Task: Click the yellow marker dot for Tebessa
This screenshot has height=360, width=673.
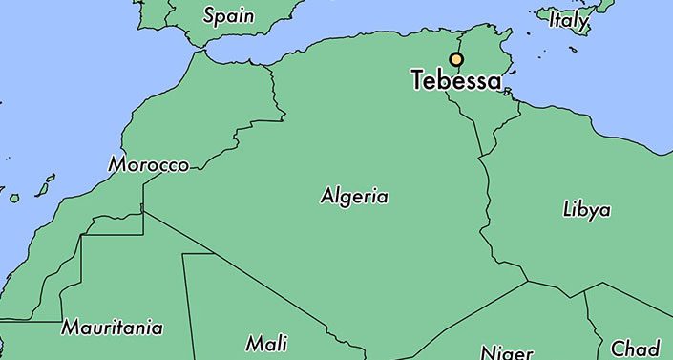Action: click(x=456, y=59)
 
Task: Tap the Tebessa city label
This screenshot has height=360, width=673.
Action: click(x=456, y=81)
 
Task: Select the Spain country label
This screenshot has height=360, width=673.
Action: click(x=228, y=16)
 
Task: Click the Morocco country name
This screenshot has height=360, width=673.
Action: click(x=148, y=164)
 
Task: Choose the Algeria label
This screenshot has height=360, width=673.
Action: click(x=354, y=197)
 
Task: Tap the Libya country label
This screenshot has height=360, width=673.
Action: click(x=587, y=210)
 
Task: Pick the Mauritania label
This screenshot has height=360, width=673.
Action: click(x=112, y=328)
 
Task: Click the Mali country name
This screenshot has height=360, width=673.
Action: click(x=266, y=343)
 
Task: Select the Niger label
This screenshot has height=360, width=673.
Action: click(x=506, y=352)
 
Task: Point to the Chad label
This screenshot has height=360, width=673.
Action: click(x=635, y=348)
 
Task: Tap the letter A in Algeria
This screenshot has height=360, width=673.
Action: click(x=327, y=197)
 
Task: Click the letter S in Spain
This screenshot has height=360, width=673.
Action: click(x=210, y=15)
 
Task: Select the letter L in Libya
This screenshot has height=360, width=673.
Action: click(x=568, y=209)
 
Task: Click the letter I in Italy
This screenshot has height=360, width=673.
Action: click(x=552, y=19)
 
